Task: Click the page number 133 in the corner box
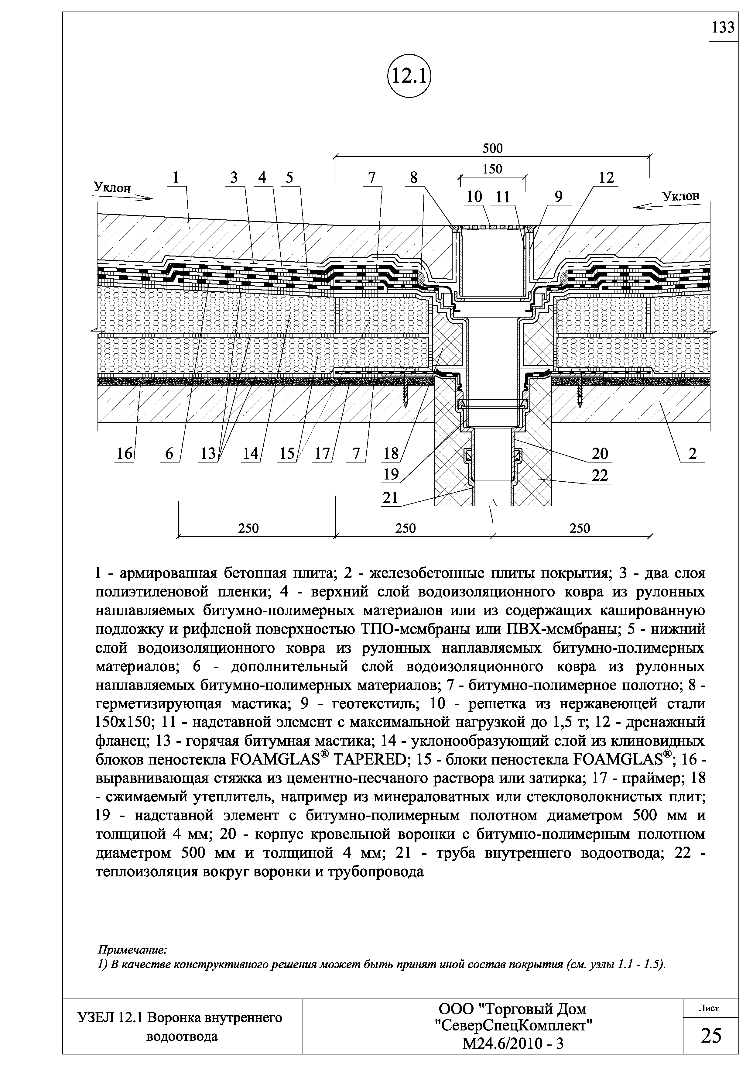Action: [x=723, y=28]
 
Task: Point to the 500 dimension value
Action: [x=492, y=149]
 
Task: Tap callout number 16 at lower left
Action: [x=124, y=454]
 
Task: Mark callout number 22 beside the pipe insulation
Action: [x=600, y=476]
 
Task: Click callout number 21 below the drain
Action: [x=390, y=498]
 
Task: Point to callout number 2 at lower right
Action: [x=692, y=454]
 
